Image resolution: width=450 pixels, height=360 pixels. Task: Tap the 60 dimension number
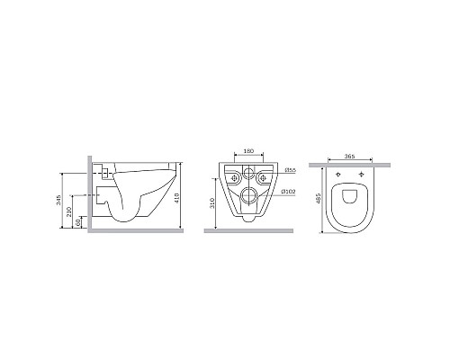coord(79,221)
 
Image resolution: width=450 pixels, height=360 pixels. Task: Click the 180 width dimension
coord(245,151)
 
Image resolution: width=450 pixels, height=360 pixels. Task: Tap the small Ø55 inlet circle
coord(246,176)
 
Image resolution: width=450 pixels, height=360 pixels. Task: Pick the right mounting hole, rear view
coord(262,177)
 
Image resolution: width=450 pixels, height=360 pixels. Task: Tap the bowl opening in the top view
coord(351,202)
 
